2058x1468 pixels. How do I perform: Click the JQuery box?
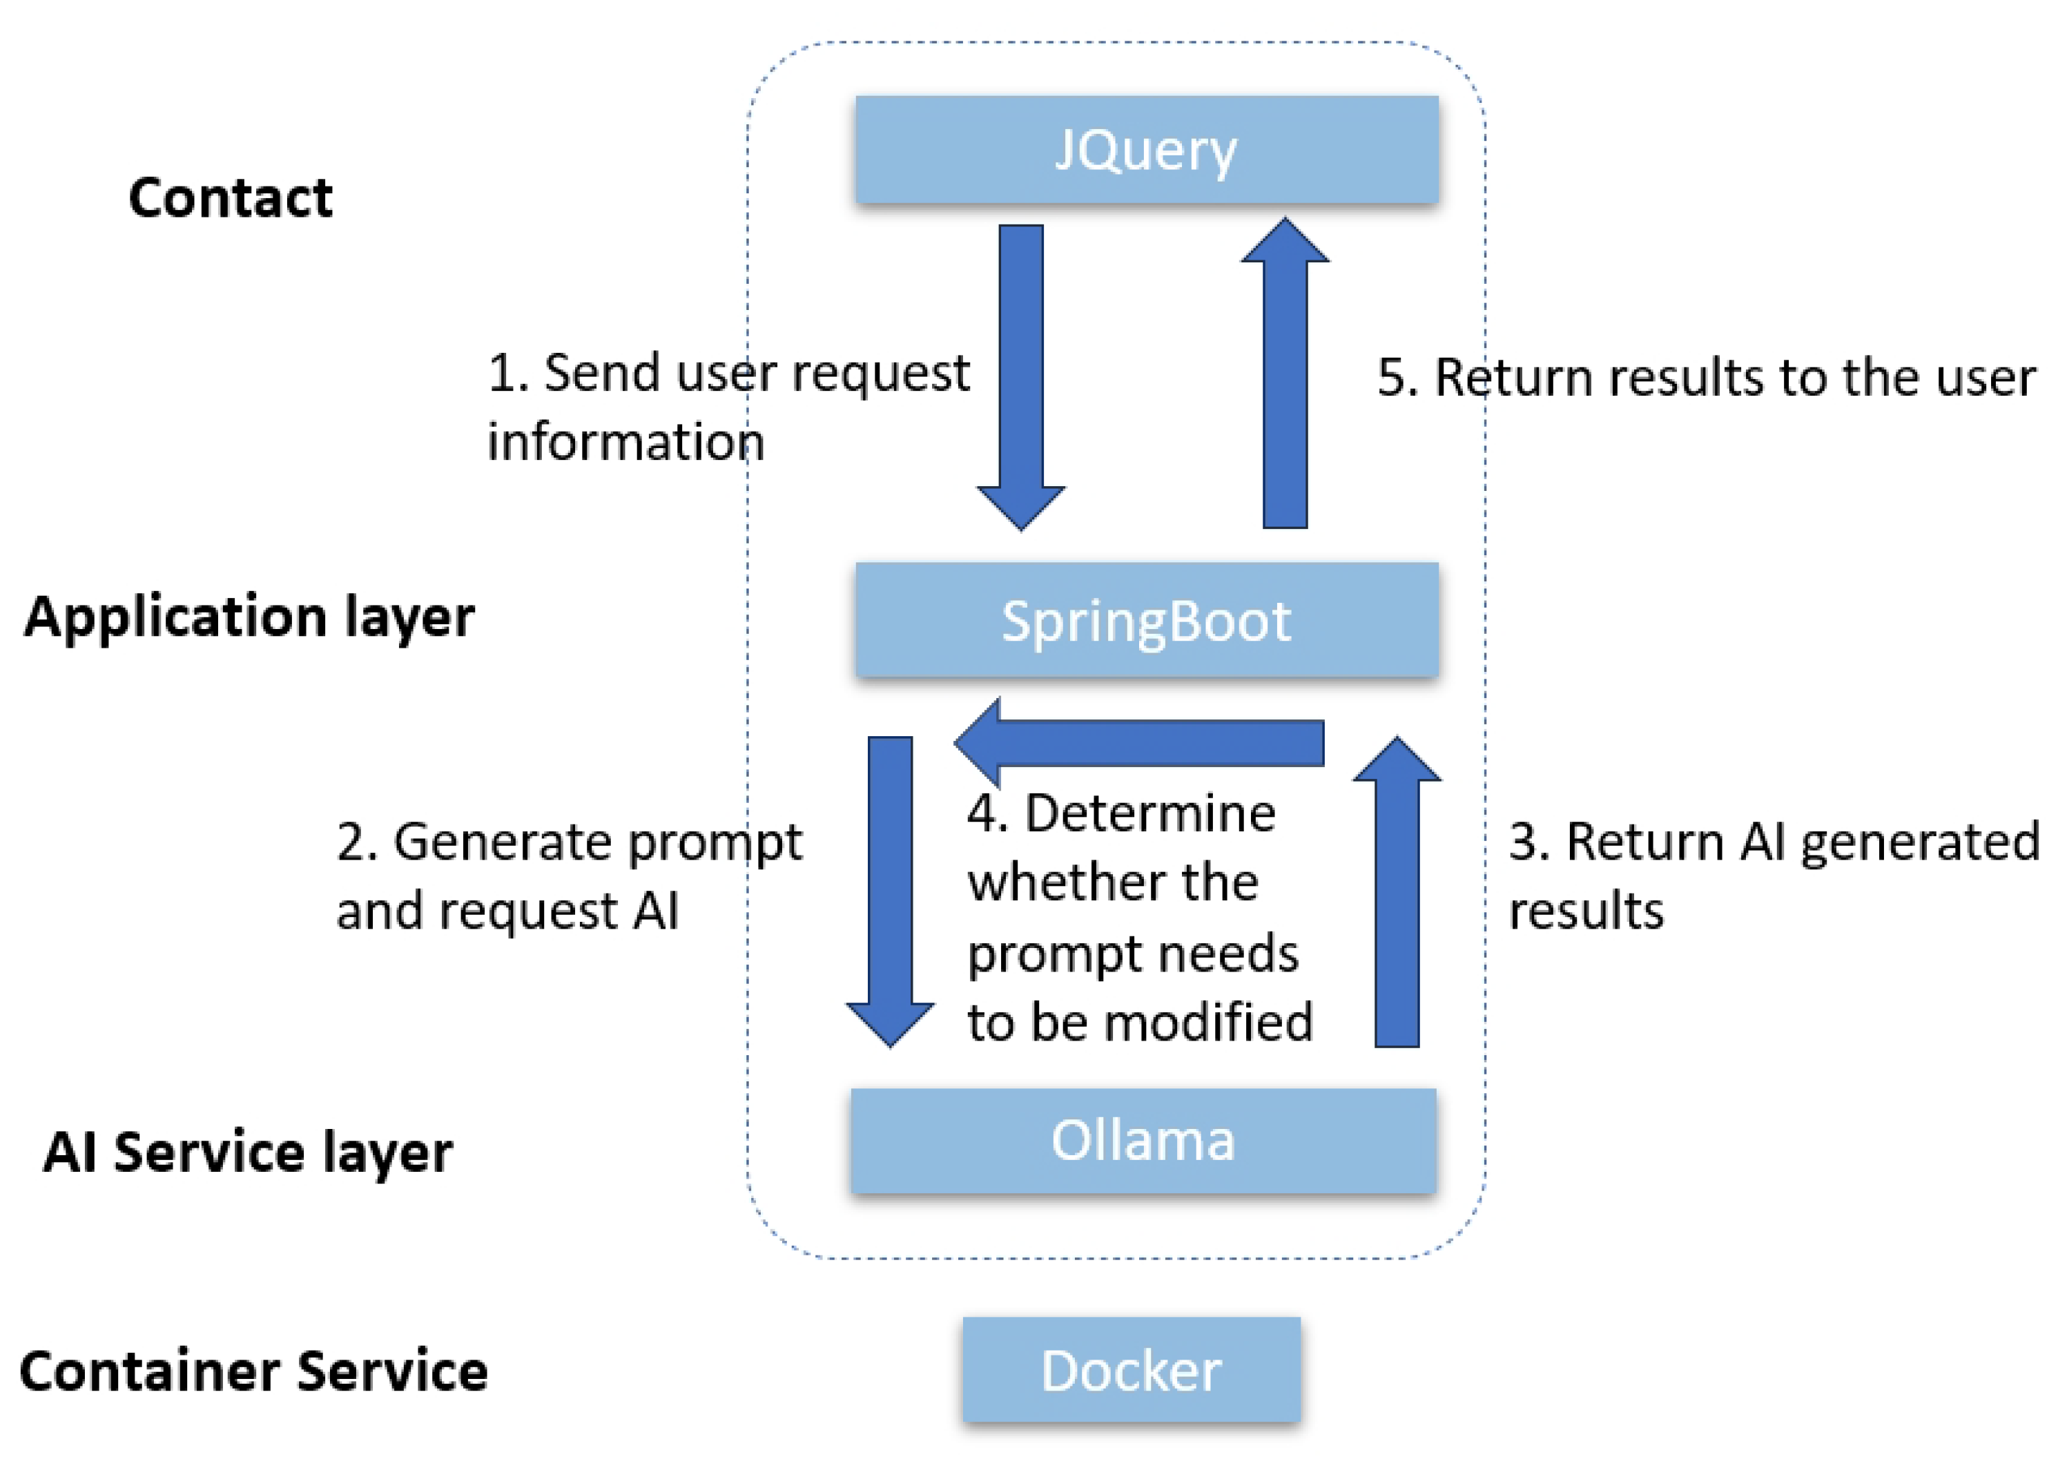tap(1146, 149)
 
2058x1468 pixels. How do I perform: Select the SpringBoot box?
tap(1146, 619)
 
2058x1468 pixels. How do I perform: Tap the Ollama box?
tap(1143, 1140)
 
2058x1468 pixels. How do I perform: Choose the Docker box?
tap(1131, 1369)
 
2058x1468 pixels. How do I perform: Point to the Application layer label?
tap(249, 617)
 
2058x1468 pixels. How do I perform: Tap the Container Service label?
tap(253, 1371)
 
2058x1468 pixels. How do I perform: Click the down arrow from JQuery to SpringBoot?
tap(1020, 377)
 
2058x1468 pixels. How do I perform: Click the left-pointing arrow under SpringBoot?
tap(1139, 742)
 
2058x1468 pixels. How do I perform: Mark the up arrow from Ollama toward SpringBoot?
tap(1397, 891)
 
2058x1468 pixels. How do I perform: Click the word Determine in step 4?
tap(1149, 812)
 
